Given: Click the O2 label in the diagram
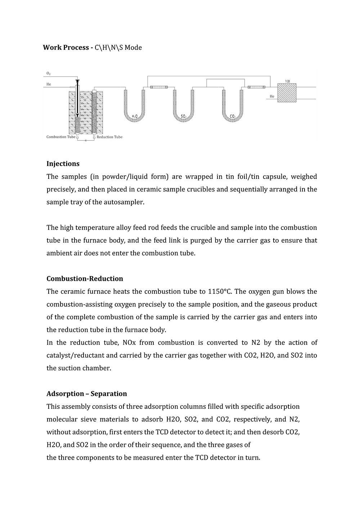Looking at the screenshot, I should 49,73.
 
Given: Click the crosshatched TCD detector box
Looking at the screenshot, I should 287,93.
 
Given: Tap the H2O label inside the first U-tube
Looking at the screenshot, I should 134,116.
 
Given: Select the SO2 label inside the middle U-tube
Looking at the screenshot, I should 184,116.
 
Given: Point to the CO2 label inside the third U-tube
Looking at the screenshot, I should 233,116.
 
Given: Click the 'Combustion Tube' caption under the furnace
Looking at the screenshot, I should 61,137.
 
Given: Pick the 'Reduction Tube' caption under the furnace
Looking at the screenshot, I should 109,137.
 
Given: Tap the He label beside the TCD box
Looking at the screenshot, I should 272,96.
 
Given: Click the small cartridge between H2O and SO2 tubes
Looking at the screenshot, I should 159,87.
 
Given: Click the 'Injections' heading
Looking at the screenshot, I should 63,164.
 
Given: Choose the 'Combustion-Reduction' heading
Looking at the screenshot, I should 85,279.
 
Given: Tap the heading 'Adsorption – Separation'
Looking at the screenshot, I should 87,394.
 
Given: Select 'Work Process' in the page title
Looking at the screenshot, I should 66,48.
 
